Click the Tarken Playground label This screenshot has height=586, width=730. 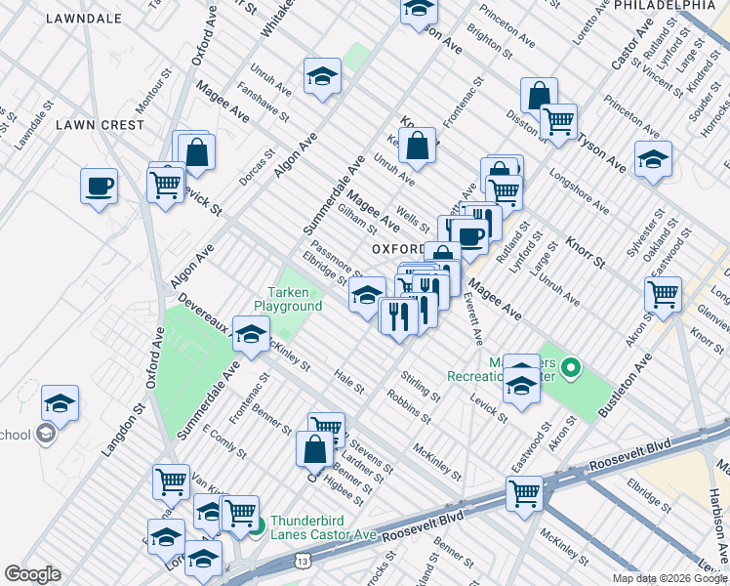[x=295, y=299]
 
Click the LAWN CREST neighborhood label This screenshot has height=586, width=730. [x=100, y=125]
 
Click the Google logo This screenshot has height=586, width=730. [x=33, y=574]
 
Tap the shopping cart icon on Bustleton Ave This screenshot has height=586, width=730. [x=664, y=293]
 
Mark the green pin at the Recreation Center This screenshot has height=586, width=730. [x=572, y=368]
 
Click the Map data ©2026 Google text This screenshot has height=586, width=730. [x=669, y=578]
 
